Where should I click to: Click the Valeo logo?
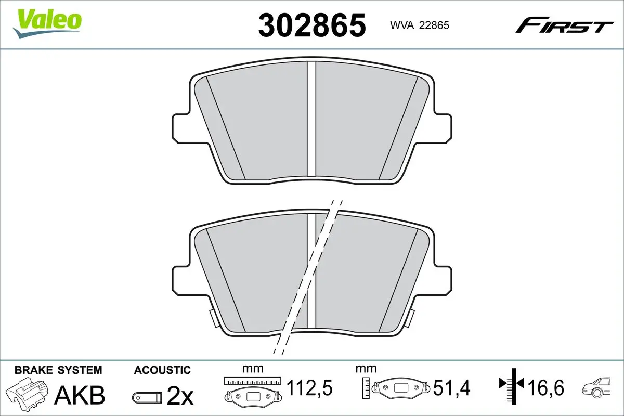tap(47, 24)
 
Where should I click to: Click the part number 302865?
tap(312, 25)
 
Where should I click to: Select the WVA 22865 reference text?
tap(420, 25)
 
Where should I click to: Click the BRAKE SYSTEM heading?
tap(58, 370)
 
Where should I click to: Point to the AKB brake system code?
tap(80, 395)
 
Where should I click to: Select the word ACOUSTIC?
tap(162, 370)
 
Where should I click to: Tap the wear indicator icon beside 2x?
tap(147, 397)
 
